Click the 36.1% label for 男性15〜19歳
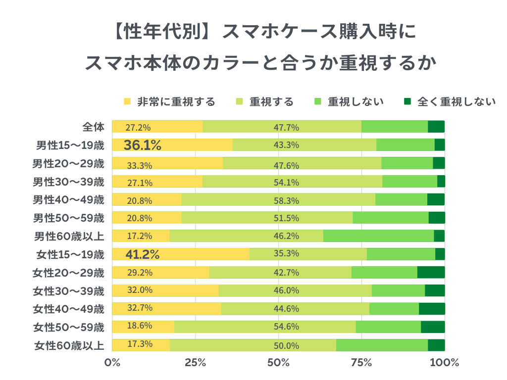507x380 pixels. (x=143, y=145)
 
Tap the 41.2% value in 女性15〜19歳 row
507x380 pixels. (x=142, y=255)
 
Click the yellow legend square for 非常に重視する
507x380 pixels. (x=127, y=102)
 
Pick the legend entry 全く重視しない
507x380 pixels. (x=456, y=102)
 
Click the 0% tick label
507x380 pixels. (x=112, y=362)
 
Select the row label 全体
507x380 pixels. (x=94, y=127)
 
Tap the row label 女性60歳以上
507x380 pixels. (x=69, y=345)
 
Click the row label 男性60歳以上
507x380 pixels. (x=69, y=236)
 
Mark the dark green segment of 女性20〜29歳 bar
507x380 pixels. (x=431, y=273)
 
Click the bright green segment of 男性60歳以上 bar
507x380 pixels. (x=378, y=236)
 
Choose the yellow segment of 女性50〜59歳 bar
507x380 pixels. (x=143, y=327)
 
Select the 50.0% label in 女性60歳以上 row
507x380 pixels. (x=286, y=345)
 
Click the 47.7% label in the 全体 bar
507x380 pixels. (x=286, y=127)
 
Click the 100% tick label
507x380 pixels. (x=445, y=362)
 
